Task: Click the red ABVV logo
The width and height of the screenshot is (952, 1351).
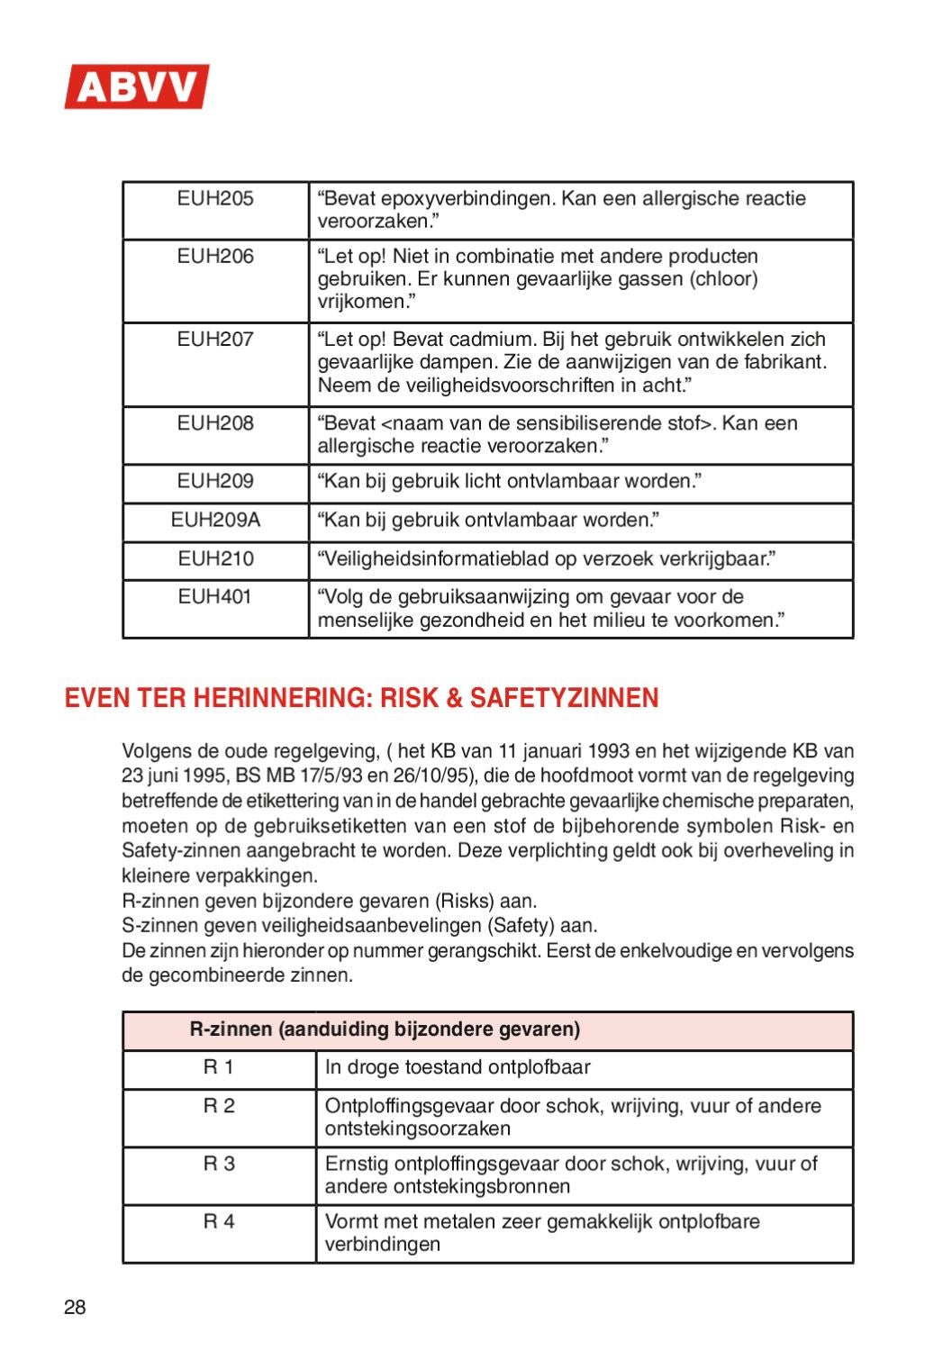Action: tap(136, 87)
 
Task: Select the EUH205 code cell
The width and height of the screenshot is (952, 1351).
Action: tap(215, 199)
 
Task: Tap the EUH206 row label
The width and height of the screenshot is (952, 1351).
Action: tap(215, 257)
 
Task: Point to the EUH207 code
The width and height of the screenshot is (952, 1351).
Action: tap(215, 340)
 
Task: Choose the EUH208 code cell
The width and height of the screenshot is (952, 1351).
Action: tap(215, 423)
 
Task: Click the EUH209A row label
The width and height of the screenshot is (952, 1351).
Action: tap(215, 521)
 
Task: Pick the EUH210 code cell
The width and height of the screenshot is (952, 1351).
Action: tap(215, 559)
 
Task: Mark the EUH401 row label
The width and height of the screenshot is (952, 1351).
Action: tap(215, 597)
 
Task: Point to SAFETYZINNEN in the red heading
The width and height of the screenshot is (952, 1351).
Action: tap(572, 698)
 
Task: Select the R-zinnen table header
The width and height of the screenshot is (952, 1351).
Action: tap(385, 1029)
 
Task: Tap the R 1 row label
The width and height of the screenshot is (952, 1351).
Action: tap(218, 1068)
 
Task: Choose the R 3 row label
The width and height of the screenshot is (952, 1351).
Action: tap(218, 1164)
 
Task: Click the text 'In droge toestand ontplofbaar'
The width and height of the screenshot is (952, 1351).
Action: tap(458, 1068)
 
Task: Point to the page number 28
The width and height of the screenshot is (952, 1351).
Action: tap(75, 1309)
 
